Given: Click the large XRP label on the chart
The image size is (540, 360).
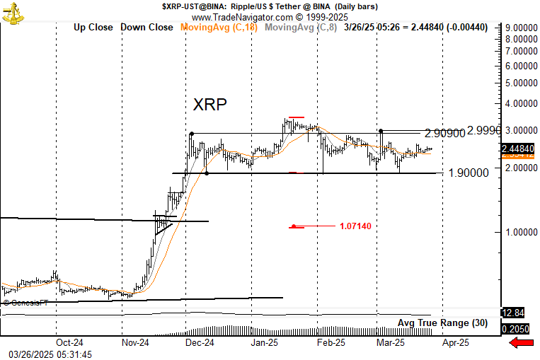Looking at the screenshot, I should [x=210, y=105].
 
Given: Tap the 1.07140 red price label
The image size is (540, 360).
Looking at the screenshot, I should [x=355, y=226].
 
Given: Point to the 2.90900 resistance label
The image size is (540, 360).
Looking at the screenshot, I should [x=446, y=134].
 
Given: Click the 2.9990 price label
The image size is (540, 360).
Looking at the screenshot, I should [x=485, y=130].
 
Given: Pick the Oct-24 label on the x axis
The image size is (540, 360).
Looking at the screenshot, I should [x=69, y=342].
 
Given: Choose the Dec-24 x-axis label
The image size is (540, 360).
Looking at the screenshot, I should [x=200, y=342].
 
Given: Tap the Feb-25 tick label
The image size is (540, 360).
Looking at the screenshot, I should [x=331, y=342].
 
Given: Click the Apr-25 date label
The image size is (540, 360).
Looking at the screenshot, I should [x=455, y=342].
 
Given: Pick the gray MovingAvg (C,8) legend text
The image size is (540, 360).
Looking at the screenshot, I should [x=301, y=27].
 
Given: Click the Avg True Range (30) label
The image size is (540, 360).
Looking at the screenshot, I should [x=442, y=323].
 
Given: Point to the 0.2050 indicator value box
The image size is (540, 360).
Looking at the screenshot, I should [x=515, y=329].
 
